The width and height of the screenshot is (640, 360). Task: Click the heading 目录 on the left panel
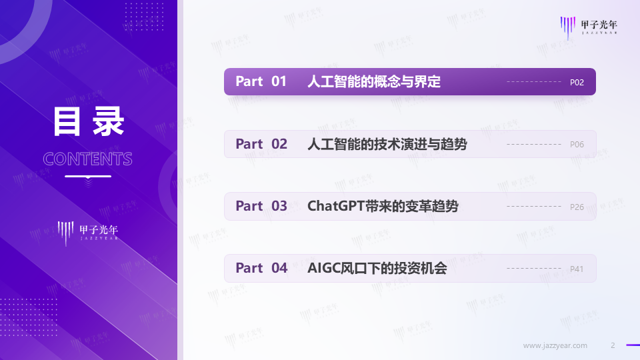pyautogui.click(x=89, y=123)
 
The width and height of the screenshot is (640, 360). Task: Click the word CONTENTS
pyautogui.click(x=87, y=159)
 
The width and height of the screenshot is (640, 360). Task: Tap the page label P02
pyautogui.click(x=577, y=83)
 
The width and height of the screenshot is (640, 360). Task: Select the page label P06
pyautogui.click(x=577, y=145)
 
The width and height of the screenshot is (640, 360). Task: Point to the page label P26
pyautogui.click(x=577, y=207)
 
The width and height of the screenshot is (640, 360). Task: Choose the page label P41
pyautogui.click(x=577, y=269)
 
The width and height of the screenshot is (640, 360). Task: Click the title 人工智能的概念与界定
pyautogui.click(x=374, y=82)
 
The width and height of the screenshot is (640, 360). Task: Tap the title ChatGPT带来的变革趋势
pyautogui.click(x=383, y=206)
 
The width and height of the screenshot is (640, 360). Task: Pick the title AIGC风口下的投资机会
pyautogui.click(x=377, y=268)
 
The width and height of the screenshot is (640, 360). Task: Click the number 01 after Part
pyautogui.click(x=279, y=82)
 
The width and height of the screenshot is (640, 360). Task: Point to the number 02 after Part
pyautogui.click(x=279, y=144)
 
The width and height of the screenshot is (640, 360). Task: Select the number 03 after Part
pyautogui.click(x=279, y=206)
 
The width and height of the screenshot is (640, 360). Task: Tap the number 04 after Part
pyautogui.click(x=279, y=268)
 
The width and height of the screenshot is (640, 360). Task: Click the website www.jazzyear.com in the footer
pyautogui.click(x=555, y=345)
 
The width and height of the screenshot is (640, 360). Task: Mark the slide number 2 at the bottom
pyautogui.click(x=613, y=345)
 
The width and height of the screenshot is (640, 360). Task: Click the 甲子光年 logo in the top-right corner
pyautogui.click(x=589, y=25)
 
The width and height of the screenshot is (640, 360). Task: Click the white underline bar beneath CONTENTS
pyautogui.click(x=88, y=176)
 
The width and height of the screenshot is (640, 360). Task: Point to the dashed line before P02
pyautogui.click(x=533, y=82)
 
